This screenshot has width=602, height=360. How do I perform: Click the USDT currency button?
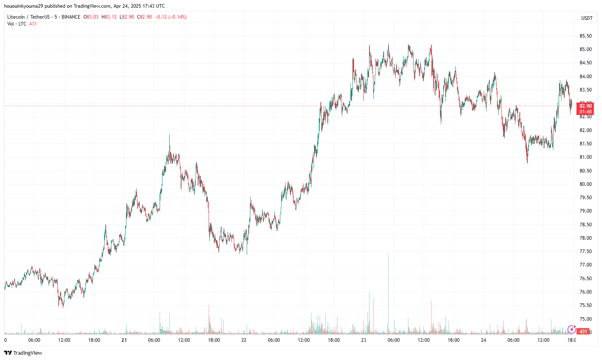pyautogui.click(x=587, y=18)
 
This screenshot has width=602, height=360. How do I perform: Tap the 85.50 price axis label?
pyautogui.click(x=585, y=36)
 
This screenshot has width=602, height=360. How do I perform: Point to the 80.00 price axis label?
pyautogui.click(x=585, y=184)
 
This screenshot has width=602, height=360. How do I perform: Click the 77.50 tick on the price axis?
pyautogui.click(x=585, y=251)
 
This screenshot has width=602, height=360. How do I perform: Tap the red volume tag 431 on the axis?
pyautogui.click(x=583, y=332)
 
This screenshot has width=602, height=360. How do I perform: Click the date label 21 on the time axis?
pyautogui.click(x=124, y=340)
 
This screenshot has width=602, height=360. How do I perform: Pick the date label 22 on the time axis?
pyautogui.click(x=244, y=340)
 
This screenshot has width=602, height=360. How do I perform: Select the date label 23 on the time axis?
pyautogui.click(x=364, y=340)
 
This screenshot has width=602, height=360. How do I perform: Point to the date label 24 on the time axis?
pyautogui.click(x=484, y=340)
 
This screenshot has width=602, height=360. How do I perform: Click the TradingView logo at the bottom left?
pyautogui.click(x=23, y=353)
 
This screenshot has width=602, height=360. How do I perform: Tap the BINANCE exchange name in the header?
pyautogui.click(x=71, y=17)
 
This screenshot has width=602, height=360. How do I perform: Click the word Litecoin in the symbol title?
pyautogui.click(x=16, y=17)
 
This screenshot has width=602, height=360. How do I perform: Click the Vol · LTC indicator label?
pyautogui.click(x=17, y=24)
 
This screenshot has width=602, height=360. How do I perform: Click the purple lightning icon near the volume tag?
pyautogui.click(x=572, y=330)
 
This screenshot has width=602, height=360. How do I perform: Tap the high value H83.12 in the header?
pyautogui.click(x=109, y=17)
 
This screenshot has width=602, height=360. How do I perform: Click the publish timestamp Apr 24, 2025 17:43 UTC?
pyautogui.click(x=139, y=6)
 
